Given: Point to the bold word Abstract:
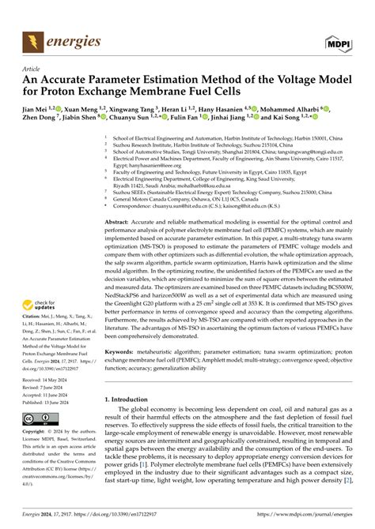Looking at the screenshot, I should click(119, 223).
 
